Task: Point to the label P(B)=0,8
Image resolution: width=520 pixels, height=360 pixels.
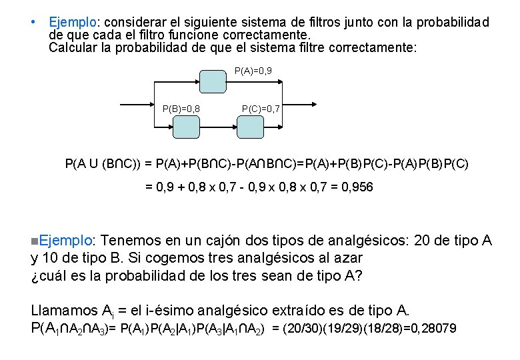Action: (x=182, y=108)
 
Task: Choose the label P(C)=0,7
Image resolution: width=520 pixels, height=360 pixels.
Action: (x=261, y=108)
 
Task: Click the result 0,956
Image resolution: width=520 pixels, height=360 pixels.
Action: (x=357, y=187)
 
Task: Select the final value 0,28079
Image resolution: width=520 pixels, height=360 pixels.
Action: (x=433, y=329)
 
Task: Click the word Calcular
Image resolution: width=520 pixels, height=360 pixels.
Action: (x=71, y=48)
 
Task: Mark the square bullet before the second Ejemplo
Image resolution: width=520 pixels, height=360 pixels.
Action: (x=35, y=241)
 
